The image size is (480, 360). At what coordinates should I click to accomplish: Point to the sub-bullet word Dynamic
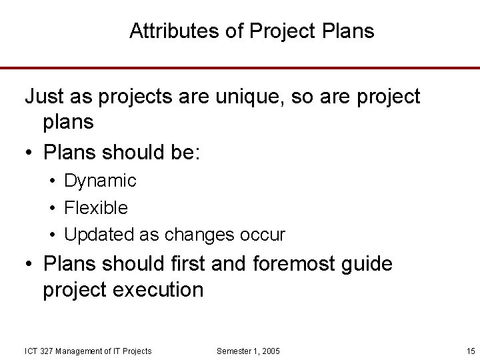tap(100, 181)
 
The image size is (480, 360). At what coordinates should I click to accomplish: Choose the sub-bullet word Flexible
tap(96, 208)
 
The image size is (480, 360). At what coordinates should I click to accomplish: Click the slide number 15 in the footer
tap(471, 351)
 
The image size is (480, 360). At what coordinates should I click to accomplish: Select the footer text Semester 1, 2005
tap(249, 351)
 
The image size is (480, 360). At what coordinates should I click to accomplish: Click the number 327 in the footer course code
tap(46, 351)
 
